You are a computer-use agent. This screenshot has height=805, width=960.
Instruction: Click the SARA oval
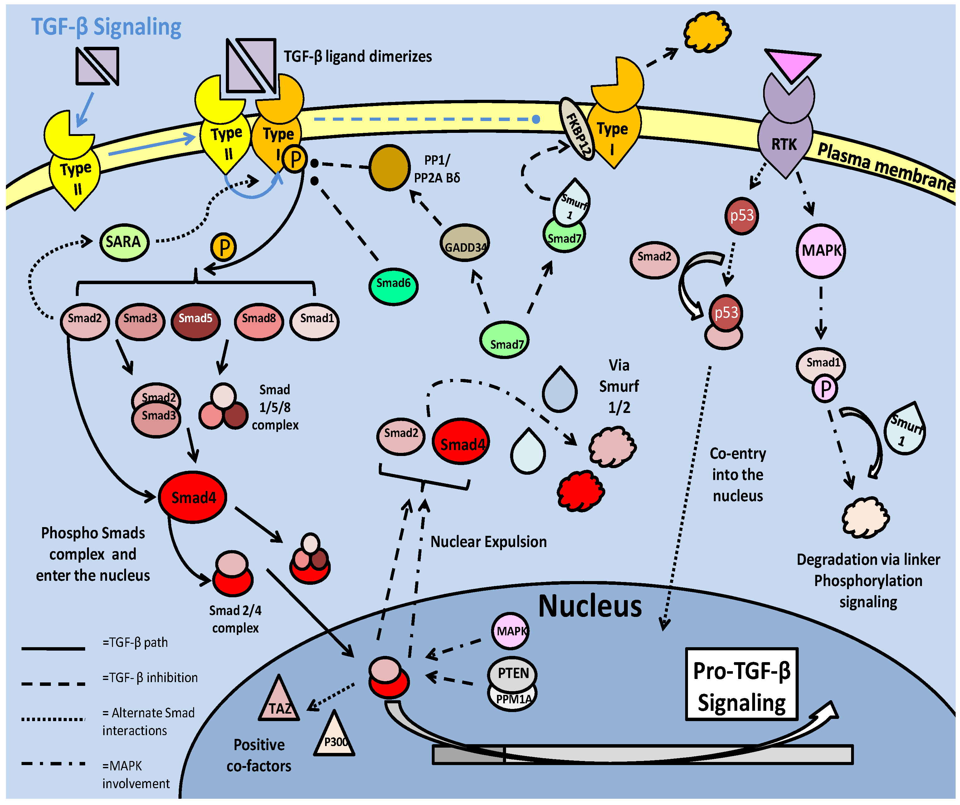click(124, 242)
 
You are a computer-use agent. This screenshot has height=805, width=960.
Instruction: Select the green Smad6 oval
click(393, 286)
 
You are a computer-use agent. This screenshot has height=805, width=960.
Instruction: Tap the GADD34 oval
click(465, 243)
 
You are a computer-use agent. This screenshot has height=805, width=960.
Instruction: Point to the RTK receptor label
click(784, 144)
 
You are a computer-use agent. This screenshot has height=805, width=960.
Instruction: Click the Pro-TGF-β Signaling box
click(742, 684)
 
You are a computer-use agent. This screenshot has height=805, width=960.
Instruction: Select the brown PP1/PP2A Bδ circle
click(389, 168)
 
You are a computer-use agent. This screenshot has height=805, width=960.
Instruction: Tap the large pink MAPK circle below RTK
click(821, 251)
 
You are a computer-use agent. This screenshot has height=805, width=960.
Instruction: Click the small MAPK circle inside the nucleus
click(511, 631)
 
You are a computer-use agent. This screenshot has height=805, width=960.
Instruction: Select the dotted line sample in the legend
click(53, 719)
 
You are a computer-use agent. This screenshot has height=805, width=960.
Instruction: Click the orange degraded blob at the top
click(707, 32)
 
